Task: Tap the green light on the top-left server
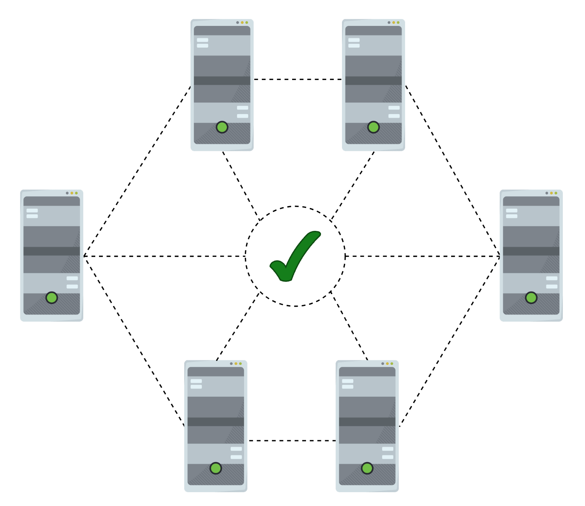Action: click(x=222, y=127)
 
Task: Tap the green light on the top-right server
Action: click(x=373, y=127)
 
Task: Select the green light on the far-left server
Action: click(x=52, y=298)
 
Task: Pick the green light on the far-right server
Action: click(x=531, y=298)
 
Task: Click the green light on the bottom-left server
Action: click(x=216, y=468)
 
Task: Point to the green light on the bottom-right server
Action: click(x=367, y=468)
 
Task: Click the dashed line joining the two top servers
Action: click(x=298, y=79)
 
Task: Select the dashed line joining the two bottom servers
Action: click(x=292, y=440)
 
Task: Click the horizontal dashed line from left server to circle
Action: click(x=164, y=256)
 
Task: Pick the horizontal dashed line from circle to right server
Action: click(x=422, y=256)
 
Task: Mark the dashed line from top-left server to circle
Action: click(x=241, y=186)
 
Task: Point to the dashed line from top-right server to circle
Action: click(x=352, y=186)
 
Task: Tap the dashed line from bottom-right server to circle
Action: click(x=349, y=325)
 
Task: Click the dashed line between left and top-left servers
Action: click(x=137, y=171)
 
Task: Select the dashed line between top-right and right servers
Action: click(x=453, y=171)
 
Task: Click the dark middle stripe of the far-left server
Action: click(x=52, y=251)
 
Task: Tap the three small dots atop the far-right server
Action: click(x=551, y=193)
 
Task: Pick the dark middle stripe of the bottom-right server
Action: click(x=367, y=422)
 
